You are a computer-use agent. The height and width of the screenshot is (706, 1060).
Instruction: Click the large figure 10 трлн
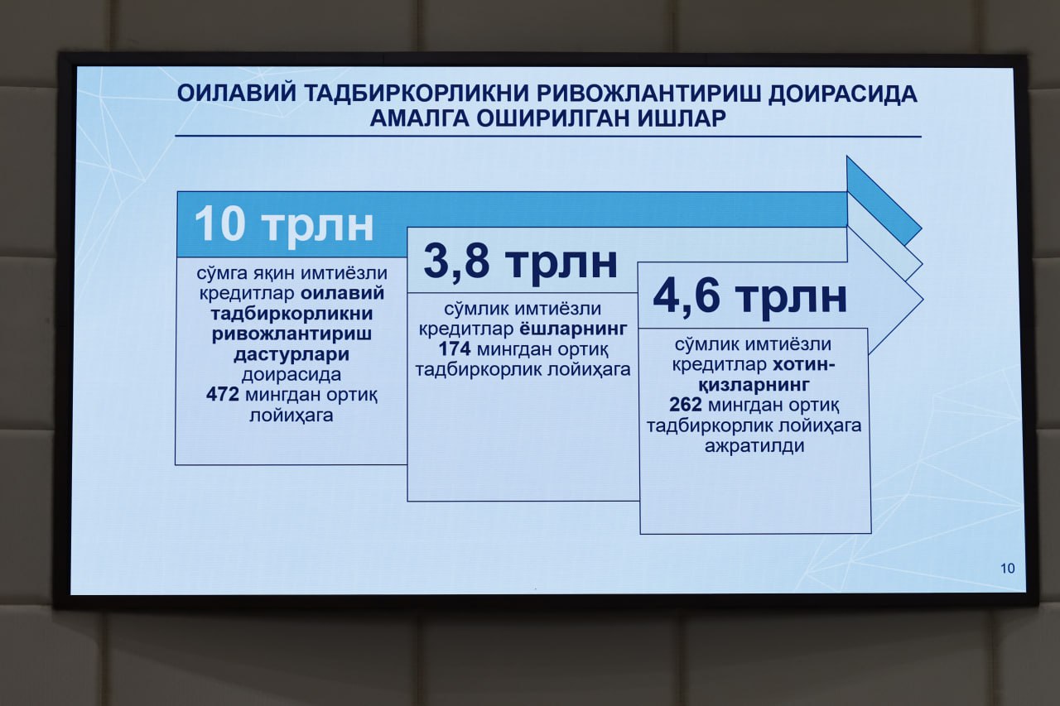point(284,224)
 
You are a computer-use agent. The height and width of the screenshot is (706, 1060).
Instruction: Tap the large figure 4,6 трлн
point(749,297)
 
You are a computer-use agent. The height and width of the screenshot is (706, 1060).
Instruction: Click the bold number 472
point(223,394)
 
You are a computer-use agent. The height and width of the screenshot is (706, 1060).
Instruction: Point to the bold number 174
point(455,349)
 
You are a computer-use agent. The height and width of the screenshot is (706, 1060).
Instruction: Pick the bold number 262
point(686,405)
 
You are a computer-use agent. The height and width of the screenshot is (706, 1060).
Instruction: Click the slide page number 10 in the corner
point(1008,568)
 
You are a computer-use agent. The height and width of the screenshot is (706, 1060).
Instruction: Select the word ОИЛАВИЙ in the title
point(237,94)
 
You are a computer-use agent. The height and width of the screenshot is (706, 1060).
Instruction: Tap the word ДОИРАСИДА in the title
point(843,94)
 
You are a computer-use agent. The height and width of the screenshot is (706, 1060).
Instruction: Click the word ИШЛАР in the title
point(682,118)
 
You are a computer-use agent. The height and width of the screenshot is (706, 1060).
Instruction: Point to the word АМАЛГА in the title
point(419,118)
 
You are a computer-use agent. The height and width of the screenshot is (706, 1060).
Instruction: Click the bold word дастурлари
point(291,354)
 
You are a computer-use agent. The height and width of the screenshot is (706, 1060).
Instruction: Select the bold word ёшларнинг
point(574,329)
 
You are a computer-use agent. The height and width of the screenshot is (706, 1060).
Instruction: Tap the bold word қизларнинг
point(754,384)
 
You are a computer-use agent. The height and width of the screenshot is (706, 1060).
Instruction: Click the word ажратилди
point(754,445)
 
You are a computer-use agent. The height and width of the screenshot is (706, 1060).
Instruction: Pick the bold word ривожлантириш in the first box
point(291,334)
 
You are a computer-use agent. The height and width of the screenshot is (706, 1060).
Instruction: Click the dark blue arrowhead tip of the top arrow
point(920,229)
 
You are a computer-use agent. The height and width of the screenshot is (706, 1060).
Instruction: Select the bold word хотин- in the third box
point(804,364)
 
